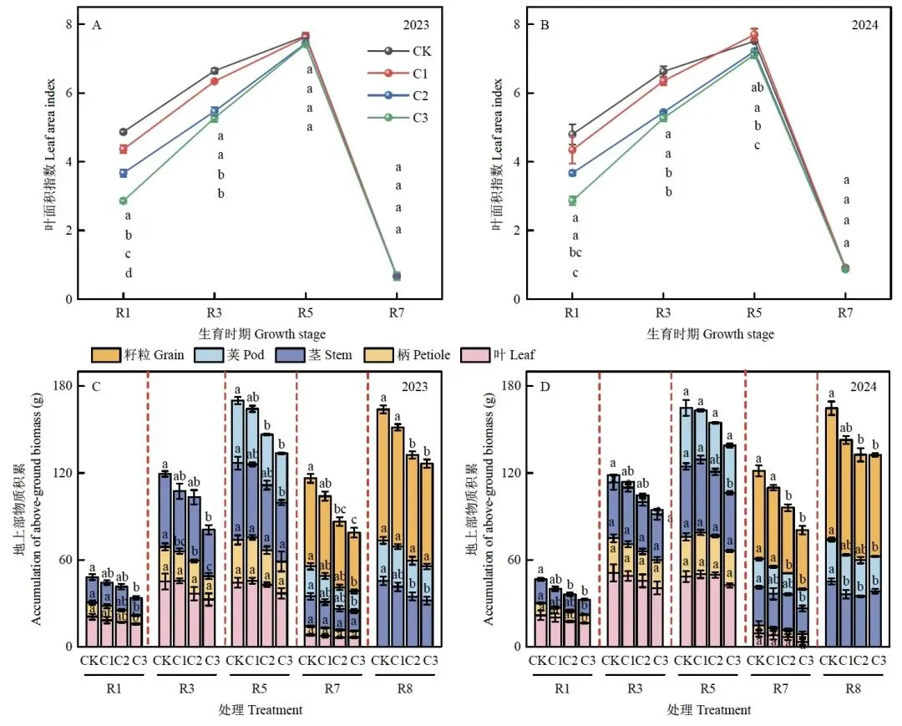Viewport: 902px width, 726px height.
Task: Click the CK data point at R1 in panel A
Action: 123,132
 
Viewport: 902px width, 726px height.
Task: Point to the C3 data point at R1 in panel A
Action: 123,201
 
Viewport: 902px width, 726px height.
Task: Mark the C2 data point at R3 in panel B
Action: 663,113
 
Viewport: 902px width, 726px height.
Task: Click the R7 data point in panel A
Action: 397,276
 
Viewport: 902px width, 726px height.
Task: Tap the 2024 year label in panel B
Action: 864,25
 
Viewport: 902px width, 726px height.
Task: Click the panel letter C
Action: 96,386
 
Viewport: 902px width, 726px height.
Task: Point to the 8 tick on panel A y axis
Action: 71,24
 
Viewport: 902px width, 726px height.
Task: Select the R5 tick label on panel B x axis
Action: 753,313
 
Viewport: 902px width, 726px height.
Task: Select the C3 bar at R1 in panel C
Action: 136,622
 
